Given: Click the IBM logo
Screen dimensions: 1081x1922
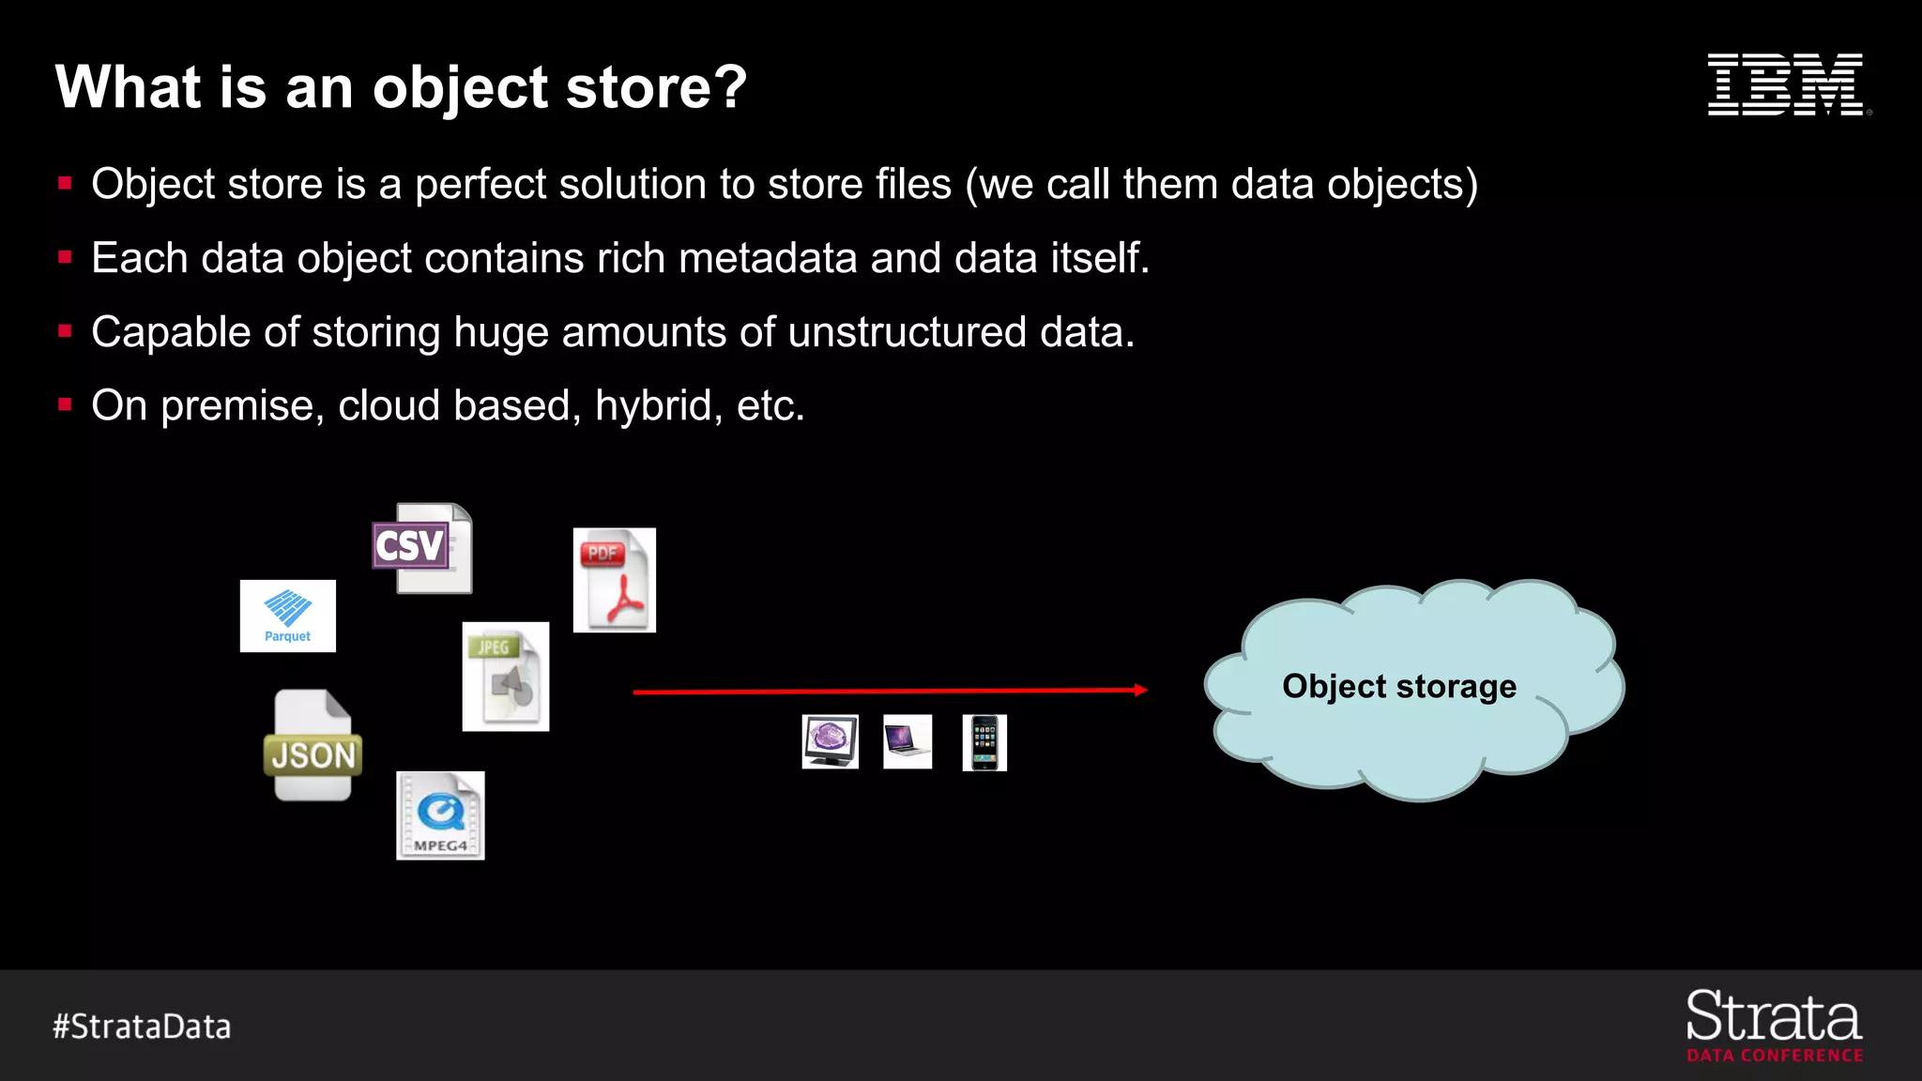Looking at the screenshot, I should (1786, 84).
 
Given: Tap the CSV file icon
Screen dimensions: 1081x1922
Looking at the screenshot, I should (423, 549).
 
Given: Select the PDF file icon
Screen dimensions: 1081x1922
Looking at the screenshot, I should (614, 580).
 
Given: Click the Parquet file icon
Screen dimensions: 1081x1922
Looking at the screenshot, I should (287, 616).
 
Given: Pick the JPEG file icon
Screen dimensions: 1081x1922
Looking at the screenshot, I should (505, 677).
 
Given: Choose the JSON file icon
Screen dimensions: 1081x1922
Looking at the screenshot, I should (313, 746).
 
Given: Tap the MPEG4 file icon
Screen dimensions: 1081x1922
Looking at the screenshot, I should (440, 815).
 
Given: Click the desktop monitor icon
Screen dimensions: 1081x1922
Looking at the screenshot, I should (830, 741).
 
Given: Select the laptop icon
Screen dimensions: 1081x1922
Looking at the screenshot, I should (907, 741).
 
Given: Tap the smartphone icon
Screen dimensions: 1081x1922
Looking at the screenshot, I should (984, 742).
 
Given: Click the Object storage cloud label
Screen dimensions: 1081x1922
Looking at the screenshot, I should (1398, 686).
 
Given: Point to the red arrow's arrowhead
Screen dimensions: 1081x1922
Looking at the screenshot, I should (1140, 690).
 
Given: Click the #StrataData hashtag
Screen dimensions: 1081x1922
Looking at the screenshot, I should (142, 1027).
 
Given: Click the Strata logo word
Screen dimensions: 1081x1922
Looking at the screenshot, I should (1773, 1017).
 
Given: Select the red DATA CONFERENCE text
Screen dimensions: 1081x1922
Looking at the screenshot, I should (1774, 1056).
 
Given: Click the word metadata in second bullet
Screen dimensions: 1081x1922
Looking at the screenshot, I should (767, 258).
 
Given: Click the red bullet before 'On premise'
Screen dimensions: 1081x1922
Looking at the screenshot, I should (65, 405).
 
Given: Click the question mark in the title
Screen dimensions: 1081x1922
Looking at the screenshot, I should (728, 87).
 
